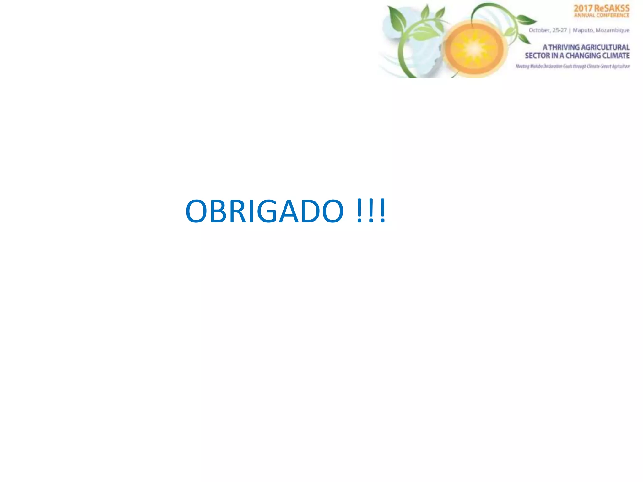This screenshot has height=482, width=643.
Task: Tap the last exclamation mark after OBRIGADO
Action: [382, 211]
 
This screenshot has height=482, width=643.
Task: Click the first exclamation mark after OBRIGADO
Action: [360, 211]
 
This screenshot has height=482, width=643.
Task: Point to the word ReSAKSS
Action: [612, 8]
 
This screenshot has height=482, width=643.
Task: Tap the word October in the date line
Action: [539, 30]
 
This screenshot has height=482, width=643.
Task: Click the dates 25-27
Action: [559, 30]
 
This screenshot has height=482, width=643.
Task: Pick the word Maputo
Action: [583, 30]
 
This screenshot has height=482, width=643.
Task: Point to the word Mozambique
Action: [613, 30]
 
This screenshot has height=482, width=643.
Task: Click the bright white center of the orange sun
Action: [474, 49]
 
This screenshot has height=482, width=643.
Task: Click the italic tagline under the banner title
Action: [573, 67]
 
